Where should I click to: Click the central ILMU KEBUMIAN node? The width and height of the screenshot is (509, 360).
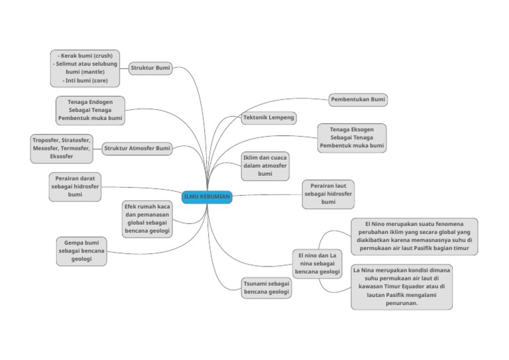pos(207,197)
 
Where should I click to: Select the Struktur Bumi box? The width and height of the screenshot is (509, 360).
pos(150,68)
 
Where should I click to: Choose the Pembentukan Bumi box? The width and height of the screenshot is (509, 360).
pos(358,99)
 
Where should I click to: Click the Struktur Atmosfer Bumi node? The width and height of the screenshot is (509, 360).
pos(137,149)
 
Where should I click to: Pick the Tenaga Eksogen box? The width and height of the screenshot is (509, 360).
pos(351,137)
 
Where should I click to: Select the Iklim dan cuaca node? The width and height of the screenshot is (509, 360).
pos(265,166)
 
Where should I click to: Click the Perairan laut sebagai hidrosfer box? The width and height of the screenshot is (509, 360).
pos(328,194)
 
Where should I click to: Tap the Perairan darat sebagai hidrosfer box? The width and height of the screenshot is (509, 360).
pos(75,187)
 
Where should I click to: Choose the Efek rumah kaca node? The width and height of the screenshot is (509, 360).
pos(146,219)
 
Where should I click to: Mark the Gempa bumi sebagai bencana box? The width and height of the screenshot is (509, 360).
pos(82,251)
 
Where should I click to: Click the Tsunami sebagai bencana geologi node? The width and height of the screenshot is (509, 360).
pos(266,288)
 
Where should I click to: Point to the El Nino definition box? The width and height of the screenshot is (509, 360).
pos(414,237)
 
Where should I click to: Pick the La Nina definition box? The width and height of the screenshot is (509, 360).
pos(402,287)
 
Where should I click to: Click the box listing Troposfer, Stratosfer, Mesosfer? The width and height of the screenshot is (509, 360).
pos(62,149)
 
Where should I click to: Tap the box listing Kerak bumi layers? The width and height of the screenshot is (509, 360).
pos(85,68)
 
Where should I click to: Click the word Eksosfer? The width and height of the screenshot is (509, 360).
pos(62,156)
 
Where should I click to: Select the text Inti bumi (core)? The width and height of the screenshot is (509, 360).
pos(85,80)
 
